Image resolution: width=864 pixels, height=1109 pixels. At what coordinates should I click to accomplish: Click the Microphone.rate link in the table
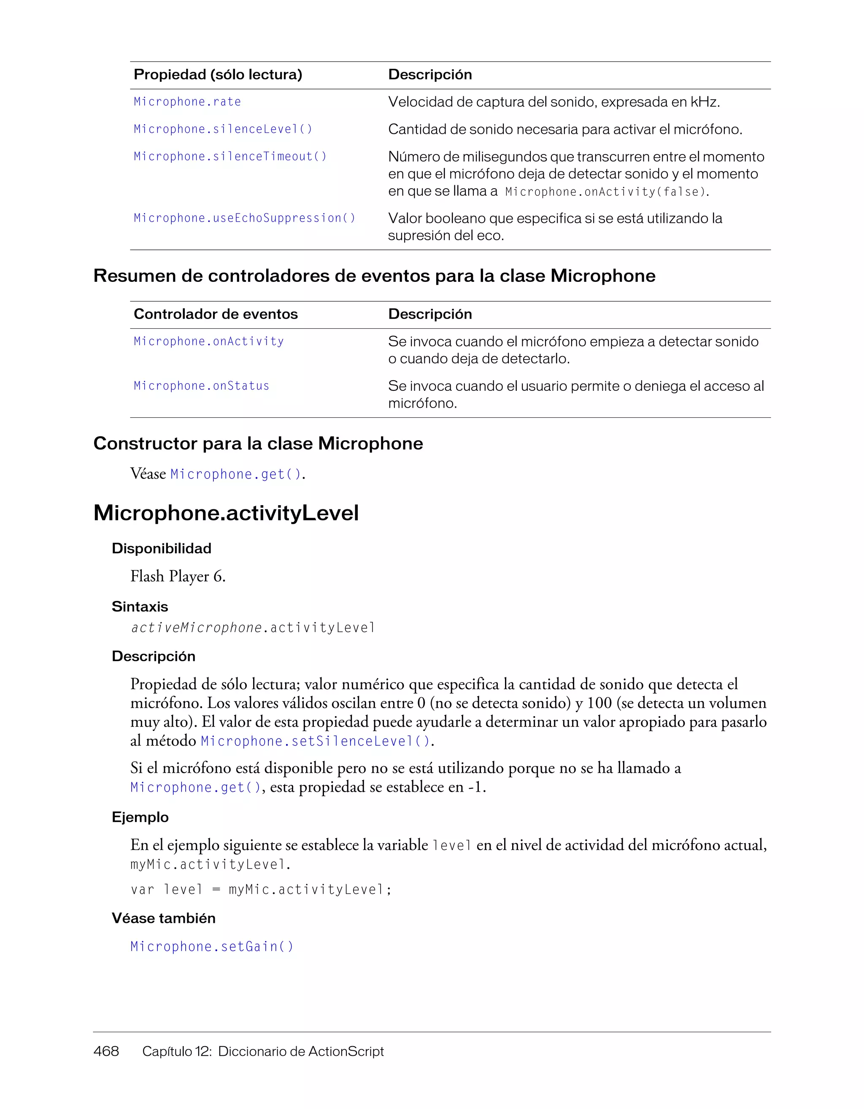[x=187, y=102]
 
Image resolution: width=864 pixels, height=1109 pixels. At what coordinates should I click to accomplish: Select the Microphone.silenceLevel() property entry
[x=223, y=130]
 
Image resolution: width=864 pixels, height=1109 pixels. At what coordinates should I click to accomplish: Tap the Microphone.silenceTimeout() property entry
[x=230, y=157]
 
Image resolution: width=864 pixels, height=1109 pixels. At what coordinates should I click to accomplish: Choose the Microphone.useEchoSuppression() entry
[x=244, y=218]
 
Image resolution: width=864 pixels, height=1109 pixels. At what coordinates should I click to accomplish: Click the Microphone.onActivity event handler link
[x=209, y=342]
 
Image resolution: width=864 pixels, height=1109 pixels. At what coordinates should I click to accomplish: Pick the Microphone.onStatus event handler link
[x=202, y=387]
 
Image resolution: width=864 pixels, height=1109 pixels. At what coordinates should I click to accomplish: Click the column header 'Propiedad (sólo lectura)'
[x=218, y=75]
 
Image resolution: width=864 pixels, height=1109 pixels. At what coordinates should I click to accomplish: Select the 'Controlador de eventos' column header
[x=216, y=314]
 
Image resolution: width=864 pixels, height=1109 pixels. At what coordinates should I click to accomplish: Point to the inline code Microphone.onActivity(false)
[x=606, y=192]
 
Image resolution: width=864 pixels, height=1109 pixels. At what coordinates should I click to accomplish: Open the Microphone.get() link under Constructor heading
[x=236, y=474]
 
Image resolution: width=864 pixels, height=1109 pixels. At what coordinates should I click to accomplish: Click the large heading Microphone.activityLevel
[x=226, y=513]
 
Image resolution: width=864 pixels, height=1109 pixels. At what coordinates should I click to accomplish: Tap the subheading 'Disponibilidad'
[x=162, y=549]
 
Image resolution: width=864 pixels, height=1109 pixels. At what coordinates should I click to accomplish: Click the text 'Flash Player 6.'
[x=178, y=576]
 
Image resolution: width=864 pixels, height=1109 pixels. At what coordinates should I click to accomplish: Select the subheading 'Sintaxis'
[x=140, y=607]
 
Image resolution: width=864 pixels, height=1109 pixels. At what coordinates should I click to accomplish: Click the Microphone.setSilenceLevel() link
[x=315, y=741]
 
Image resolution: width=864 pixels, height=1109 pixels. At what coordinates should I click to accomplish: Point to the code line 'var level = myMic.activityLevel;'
[x=261, y=890]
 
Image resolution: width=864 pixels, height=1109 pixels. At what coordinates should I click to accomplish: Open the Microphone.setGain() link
[x=212, y=947]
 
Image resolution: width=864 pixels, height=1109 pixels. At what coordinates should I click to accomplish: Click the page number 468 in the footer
[x=106, y=1051]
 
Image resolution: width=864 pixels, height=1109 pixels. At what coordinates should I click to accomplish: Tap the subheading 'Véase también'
[x=163, y=919]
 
